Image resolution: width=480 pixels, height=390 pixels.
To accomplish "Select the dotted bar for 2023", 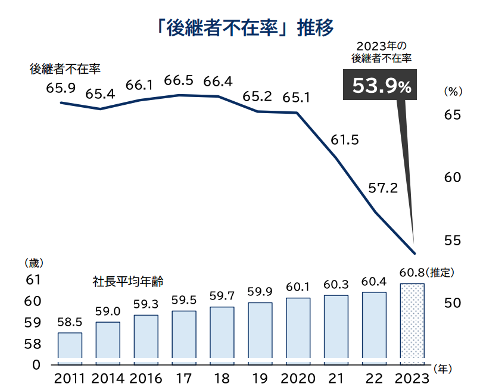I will tap(412, 324).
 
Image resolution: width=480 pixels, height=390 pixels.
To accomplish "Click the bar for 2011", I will tap(70, 348).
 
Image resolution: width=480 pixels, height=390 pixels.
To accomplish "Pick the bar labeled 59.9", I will tap(260, 333).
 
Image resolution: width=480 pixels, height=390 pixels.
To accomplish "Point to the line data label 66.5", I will tap(179, 80).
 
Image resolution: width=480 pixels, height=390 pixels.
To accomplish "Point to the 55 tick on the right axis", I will tap(453, 240).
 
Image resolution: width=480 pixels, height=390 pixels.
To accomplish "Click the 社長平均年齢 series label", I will tap(128, 280).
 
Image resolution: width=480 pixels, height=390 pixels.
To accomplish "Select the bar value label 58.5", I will tap(69, 322).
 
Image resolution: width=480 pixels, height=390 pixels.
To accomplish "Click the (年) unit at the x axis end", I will tap(444, 369).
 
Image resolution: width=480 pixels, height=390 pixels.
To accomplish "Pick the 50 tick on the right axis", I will tap(453, 302).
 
